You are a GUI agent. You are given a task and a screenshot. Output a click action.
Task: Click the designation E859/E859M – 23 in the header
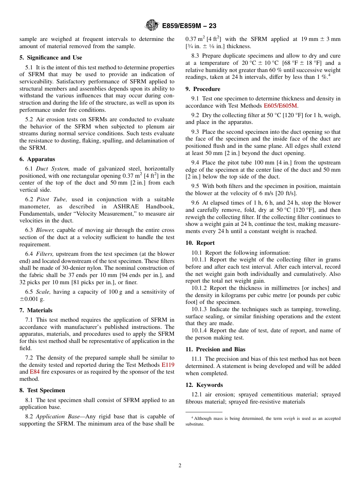[x=189, y=26]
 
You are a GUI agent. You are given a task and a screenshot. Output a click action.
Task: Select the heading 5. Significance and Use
[x=51, y=58]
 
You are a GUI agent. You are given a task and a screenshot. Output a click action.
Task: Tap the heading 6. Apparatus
[x=37, y=159]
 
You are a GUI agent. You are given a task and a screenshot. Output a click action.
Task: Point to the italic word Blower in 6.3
[x=45, y=230]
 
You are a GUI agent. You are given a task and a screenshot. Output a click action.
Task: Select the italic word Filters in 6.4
[x=45, y=254]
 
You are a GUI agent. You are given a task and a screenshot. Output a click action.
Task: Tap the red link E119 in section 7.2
[x=168, y=365]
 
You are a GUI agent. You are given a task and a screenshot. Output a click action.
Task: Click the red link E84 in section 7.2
[x=34, y=372]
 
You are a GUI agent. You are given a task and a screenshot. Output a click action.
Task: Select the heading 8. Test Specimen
[x=42, y=390]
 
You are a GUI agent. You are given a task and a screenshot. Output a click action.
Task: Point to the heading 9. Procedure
[x=203, y=89]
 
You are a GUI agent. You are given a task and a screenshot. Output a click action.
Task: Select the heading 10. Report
[x=200, y=243]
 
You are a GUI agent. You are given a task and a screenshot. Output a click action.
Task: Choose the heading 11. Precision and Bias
[x=215, y=349]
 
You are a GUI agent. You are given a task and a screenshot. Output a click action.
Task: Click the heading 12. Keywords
[x=204, y=385]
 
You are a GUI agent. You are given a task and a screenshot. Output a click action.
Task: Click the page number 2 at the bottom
[x=180, y=466]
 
